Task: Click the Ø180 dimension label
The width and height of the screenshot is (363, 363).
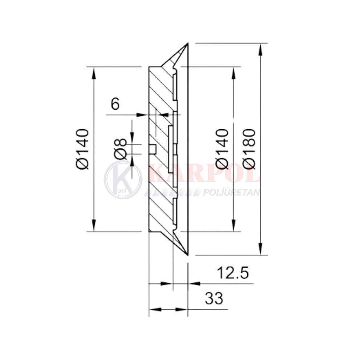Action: click(249, 148)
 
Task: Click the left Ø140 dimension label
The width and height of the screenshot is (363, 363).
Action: click(82, 149)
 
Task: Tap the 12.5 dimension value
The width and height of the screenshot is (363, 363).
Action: click(233, 273)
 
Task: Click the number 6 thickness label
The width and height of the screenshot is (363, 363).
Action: click(115, 104)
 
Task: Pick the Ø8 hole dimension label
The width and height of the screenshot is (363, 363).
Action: click(121, 149)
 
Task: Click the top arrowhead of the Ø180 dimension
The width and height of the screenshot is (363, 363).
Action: click(261, 49)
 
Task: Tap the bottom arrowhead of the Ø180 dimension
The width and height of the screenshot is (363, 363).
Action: click(261, 249)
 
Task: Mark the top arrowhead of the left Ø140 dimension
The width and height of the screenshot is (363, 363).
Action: click(94, 73)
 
